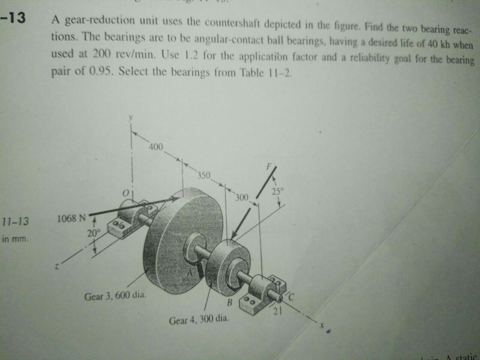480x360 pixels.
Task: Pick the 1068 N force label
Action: click(x=72, y=218)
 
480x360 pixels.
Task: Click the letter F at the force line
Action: click(x=269, y=165)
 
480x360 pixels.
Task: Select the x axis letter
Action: click(x=321, y=326)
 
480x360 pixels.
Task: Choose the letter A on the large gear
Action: click(x=190, y=274)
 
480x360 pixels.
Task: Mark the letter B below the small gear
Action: click(x=230, y=302)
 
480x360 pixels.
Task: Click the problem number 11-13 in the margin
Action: click(x=15, y=221)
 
